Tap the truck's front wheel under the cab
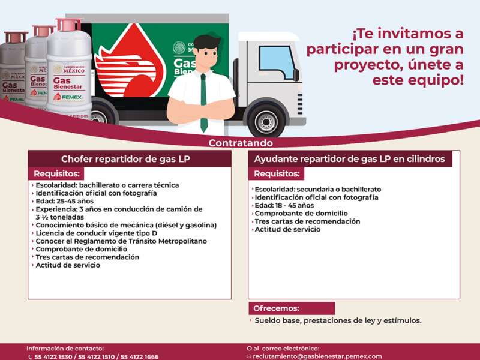tap(266, 121)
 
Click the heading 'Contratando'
tap(240, 143)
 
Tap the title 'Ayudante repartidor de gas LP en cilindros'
tap(349, 159)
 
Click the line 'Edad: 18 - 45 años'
tap(284, 205)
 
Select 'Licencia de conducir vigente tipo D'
tap(96, 233)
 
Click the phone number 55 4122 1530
tap(53, 357)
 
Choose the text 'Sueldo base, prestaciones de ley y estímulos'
tap(337, 320)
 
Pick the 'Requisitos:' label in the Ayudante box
tap(277, 174)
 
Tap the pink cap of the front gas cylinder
tap(68, 25)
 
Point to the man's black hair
tap(206, 41)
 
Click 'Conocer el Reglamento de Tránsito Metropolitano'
tap(121, 241)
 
